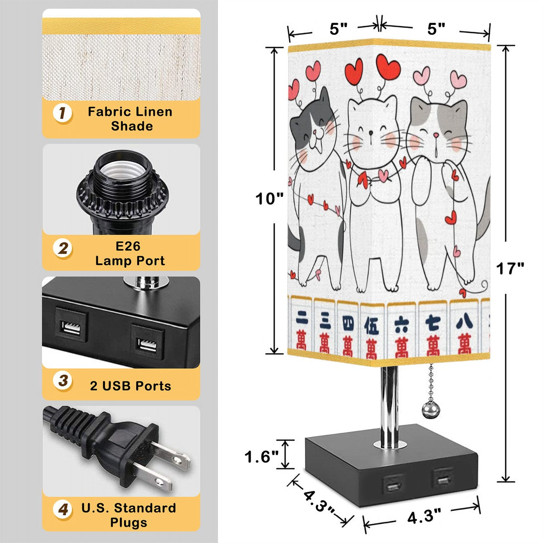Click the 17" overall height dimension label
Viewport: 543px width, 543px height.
click(510, 268)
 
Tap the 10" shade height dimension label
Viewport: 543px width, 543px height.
click(269, 199)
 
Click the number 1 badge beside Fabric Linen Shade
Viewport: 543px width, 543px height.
click(62, 113)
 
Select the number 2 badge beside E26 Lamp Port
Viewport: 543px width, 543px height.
click(63, 248)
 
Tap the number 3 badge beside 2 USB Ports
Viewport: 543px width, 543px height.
click(63, 380)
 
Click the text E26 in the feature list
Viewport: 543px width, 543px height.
click(128, 246)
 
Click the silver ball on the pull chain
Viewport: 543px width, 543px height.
click(429, 408)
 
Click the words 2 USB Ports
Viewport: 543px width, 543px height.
click(130, 386)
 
